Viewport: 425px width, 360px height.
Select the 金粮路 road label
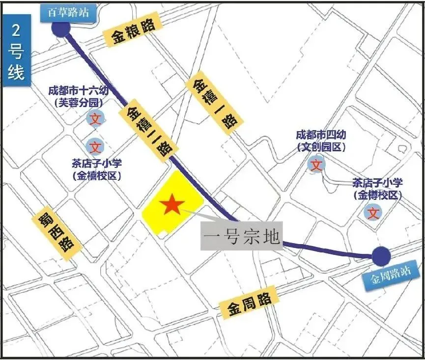[132, 31]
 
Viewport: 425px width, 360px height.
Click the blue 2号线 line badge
[16, 51]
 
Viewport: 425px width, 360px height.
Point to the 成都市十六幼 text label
[82, 91]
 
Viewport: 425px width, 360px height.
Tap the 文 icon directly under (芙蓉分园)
[95, 119]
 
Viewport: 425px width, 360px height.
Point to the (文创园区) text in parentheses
[321, 146]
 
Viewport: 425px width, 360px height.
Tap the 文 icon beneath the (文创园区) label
[317, 165]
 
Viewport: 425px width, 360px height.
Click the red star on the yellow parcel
[171, 204]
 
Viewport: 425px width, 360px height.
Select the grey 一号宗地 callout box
[242, 237]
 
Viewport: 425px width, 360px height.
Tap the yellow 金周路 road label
[250, 303]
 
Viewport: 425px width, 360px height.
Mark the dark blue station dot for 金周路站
[381, 256]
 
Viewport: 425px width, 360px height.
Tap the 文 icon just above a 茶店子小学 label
[95, 146]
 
